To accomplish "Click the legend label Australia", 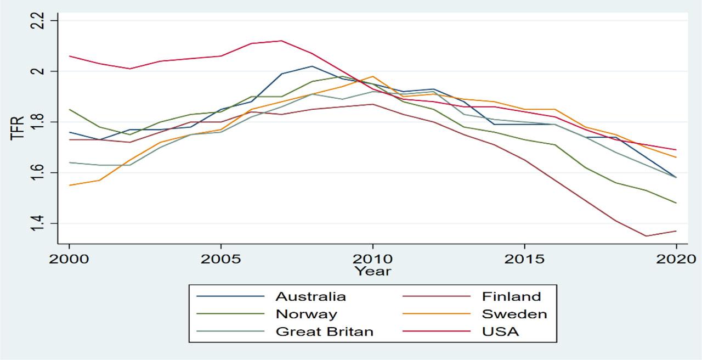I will pos(310,297).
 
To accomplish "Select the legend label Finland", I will pos(511,297).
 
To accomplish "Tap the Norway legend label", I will pos(306,314).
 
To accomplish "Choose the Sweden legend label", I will pos(514,314).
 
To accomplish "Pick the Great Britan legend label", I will pos(324,331).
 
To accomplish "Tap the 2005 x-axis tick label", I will pos(221,258).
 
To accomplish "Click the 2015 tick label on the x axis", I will pos(524,258).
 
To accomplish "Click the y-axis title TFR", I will pos(18,127).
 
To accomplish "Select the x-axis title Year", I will pos(372,271).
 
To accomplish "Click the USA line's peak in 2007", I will pos(281,41).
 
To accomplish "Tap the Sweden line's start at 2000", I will pos(69,185).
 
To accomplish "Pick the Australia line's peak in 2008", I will pos(312,66).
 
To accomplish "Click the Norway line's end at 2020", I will pos(676,203).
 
